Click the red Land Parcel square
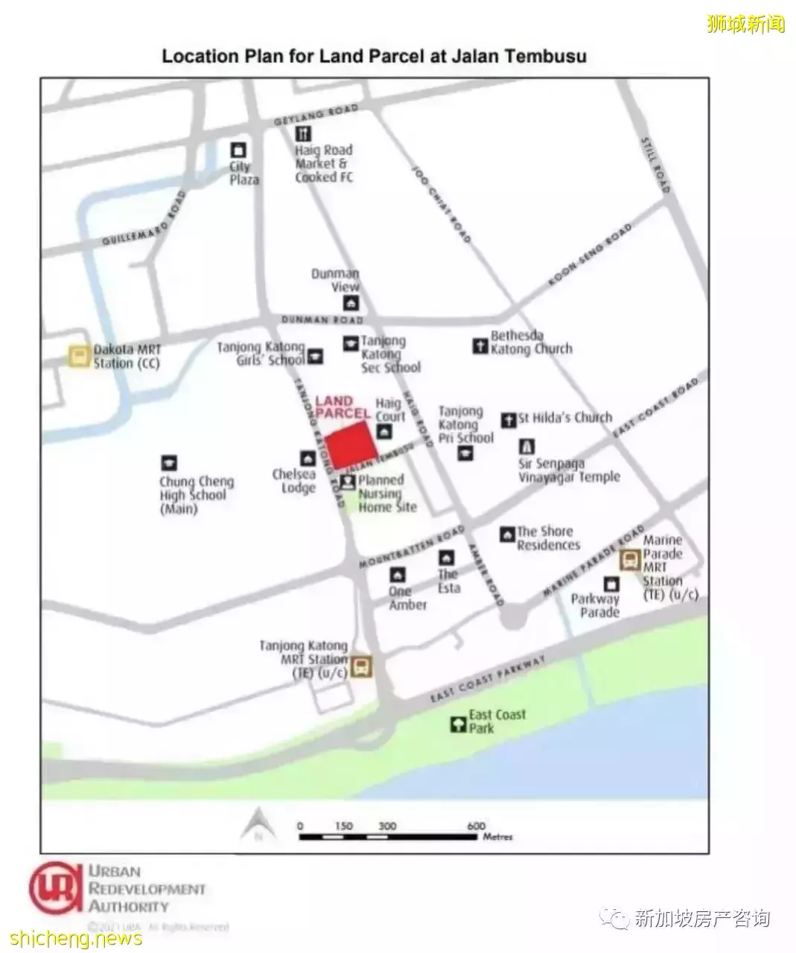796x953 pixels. click(x=349, y=445)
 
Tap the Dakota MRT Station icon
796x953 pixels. click(x=79, y=356)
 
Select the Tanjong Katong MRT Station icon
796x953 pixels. click(x=362, y=666)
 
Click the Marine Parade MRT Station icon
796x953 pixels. click(x=631, y=560)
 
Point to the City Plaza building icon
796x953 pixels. click(x=238, y=150)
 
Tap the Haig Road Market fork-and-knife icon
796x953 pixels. click(x=303, y=134)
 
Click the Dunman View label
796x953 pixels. click(x=336, y=280)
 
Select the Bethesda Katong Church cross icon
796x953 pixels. click(x=480, y=345)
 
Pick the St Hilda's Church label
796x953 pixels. click(x=565, y=418)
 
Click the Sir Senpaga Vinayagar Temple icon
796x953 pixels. click(x=526, y=447)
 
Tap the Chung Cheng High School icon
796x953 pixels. click(x=169, y=463)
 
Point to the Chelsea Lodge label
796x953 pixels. click(x=295, y=481)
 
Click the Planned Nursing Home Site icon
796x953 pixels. click(x=348, y=482)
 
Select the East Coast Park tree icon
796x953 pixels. click(x=458, y=723)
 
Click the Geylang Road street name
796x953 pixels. click(x=316, y=115)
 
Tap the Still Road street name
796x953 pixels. click(x=655, y=165)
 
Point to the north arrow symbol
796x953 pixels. click(x=258, y=824)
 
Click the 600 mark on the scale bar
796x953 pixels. click(x=476, y=826)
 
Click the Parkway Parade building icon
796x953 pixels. click(x=611, y=584)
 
